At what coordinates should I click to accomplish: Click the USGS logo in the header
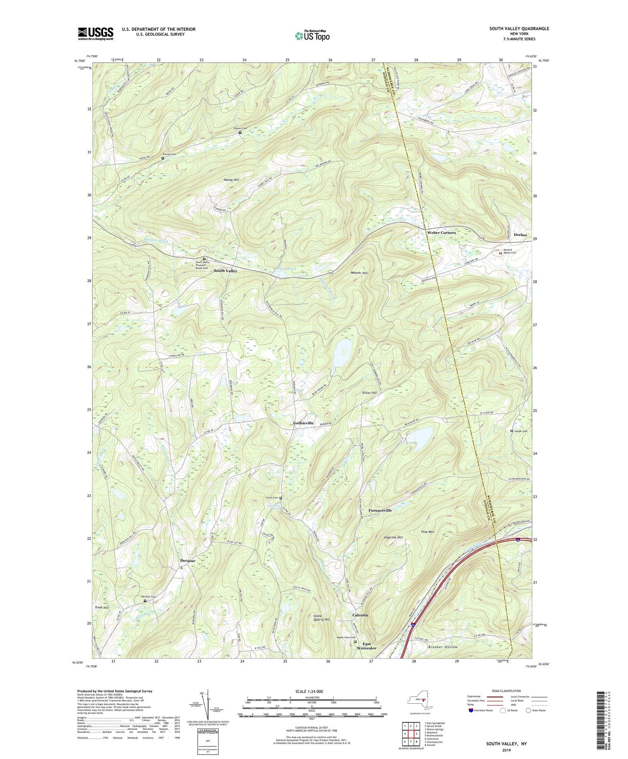96,33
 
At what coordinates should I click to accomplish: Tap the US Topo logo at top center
312,35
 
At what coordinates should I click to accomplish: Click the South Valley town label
225,271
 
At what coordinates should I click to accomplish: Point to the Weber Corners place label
442,233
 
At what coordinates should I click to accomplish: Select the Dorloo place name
520,235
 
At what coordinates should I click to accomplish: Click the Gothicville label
303,423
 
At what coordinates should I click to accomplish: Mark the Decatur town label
188,561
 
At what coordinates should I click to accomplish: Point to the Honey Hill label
231,180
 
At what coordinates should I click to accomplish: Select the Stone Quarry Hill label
322,618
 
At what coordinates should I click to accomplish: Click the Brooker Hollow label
442,647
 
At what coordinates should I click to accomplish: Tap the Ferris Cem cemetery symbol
280,498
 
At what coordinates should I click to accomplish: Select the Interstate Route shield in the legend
471,710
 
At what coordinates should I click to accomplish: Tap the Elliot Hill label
369,393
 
